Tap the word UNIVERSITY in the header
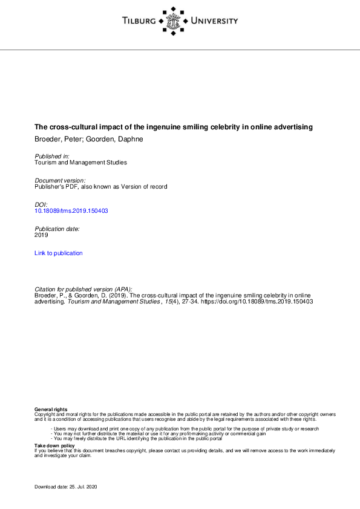[214, 21]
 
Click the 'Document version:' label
[60, 181]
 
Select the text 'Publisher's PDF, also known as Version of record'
[100, 187]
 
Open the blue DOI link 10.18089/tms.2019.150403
[71, 211]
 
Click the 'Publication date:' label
[57, 229]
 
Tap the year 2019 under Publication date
[41, 235]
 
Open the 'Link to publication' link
[59, 253]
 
